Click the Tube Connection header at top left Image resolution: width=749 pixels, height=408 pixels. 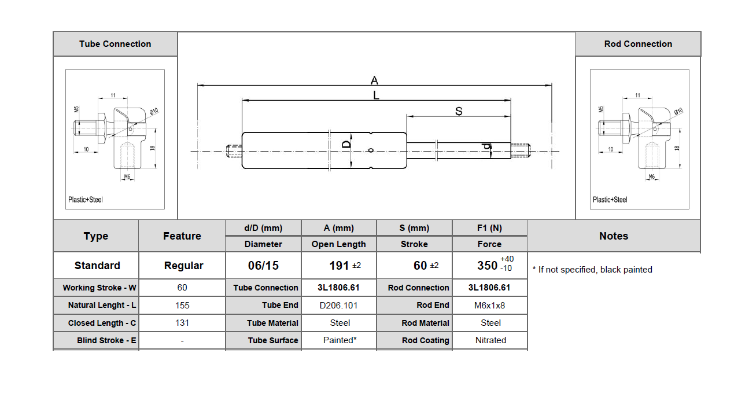[x=115, y=44]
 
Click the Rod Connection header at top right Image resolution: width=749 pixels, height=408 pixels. [x=638, y=44]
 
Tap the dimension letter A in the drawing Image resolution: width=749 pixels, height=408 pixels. [x=374, y=80]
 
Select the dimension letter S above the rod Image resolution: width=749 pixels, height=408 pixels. [x=459, y=111]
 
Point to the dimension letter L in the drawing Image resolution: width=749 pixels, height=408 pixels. [x=376, y=95]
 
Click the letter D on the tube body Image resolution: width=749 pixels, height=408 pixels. [x=346, y=144]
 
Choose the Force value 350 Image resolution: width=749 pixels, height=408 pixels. [x=487, y=266]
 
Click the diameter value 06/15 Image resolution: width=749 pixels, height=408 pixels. [x=263, y=266]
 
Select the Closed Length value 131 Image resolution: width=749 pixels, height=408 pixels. [x=182, y=323]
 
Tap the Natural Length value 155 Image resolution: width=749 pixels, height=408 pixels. [x=182, y=305]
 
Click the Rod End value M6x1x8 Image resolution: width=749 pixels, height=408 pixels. [x=490, y=305]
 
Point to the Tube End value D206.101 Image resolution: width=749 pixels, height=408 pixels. [x=338, y=305]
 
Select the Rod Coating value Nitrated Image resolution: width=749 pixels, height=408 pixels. [x=490, y=340]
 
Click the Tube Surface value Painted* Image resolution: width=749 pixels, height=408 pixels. [x=339, y=340]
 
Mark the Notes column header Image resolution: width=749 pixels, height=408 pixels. [x=614, y=236]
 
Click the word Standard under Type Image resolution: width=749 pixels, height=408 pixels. [x=97, y=266]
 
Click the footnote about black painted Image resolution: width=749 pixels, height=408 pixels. [x=592, y=270]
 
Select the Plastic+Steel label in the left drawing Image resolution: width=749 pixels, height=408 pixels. [x=86, y=200]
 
